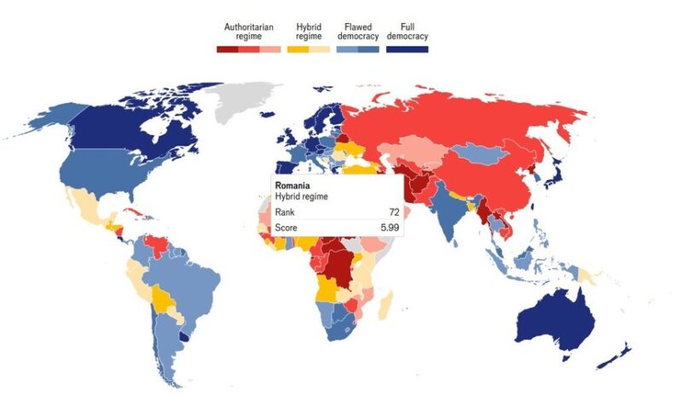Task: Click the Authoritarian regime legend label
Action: coord(248,32)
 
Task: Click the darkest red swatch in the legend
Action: coord(228,49)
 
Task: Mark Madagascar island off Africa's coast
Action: coord(386,302)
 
